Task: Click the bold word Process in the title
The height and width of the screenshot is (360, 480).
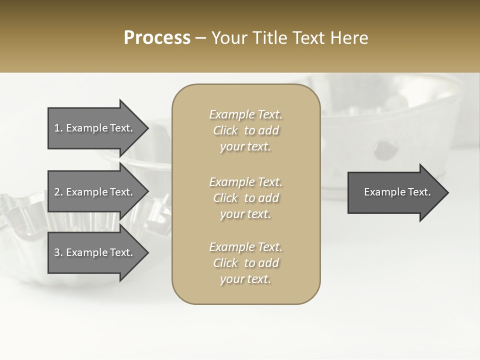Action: (x=157, y=38)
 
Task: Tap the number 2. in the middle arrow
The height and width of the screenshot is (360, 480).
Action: (x=58, y=192)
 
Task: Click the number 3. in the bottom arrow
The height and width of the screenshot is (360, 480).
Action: (x=58, y=252)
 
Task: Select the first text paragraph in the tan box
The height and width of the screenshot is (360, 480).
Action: (x=245, y=130)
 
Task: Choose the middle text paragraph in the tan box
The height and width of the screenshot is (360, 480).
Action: (x=245, y=198)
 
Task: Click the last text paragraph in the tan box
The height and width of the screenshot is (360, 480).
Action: (x=245, y=263)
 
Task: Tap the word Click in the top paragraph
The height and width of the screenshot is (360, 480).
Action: (x=225, y=130)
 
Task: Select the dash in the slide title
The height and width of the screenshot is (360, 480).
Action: (x=201, y=38)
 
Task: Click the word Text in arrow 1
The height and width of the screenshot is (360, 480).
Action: (x=121, y=128)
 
